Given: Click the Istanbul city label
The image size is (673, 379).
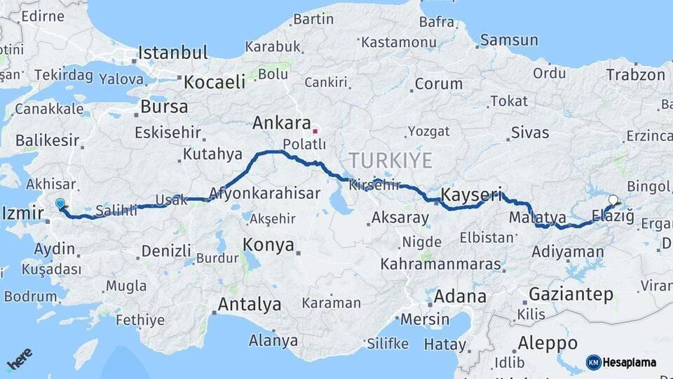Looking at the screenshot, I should coord(172,53).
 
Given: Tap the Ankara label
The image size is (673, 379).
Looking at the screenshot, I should coord(281,124).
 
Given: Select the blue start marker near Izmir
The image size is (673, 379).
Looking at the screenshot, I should coord(60,204).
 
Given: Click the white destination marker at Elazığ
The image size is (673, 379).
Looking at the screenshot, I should coord(613,200).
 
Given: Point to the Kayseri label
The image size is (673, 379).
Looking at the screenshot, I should coord(471,195).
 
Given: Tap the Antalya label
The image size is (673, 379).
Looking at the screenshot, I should coord(250,305).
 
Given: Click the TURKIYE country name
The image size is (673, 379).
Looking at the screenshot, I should coord(391,160).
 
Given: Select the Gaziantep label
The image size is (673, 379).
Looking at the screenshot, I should coord(571,294).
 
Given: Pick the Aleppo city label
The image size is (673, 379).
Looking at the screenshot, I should coord(548,343).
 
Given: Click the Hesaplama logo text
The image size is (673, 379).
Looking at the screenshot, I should coord(629,362).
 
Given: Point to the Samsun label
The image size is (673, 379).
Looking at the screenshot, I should coord(509,40).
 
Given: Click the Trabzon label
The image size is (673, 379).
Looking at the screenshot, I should coord(635,75).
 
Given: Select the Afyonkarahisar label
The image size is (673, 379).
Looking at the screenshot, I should coord(265,192).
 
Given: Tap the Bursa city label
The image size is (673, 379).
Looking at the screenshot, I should coord(164,107).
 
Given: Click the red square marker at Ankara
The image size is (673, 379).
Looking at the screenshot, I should coord(315,131).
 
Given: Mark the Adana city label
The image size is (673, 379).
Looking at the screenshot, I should coord(459,296).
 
